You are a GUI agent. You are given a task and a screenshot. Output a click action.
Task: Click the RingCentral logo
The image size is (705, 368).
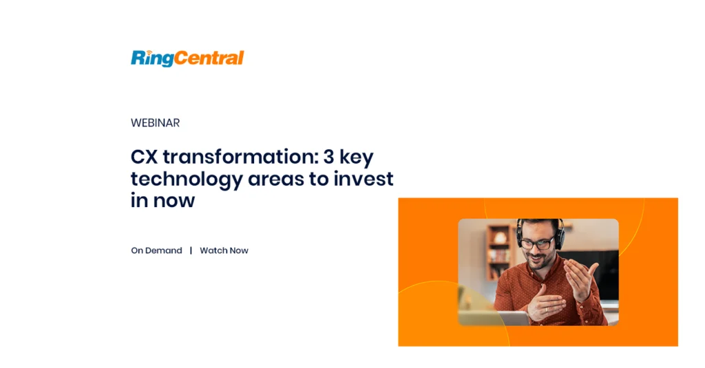[x=187, y=58]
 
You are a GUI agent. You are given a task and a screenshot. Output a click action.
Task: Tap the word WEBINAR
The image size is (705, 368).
[x=155, y=122]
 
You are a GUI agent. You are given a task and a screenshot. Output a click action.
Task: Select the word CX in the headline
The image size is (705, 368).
[x=144, y=157]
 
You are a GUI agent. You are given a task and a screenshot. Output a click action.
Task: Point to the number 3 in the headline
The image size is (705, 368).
[x=328, y=157]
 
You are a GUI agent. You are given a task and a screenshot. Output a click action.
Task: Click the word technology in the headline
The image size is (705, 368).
[x=187, y=180]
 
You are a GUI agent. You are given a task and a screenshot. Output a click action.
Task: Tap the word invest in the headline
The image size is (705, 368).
[x=364, y=179]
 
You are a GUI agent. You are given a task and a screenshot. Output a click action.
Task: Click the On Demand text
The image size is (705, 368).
[x=156, y=250]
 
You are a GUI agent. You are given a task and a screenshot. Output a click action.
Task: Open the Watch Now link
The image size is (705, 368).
[x=224, y=250]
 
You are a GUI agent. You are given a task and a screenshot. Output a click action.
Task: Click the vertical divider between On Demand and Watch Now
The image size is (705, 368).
[x=191, y=250]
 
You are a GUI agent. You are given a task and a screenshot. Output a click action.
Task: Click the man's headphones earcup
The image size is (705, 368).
[x=560, y=237]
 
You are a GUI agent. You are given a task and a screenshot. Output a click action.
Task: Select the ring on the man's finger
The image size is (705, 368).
[x=546, y=309]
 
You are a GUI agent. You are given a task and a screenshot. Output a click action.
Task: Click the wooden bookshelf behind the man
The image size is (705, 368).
[x=500, y=251]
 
